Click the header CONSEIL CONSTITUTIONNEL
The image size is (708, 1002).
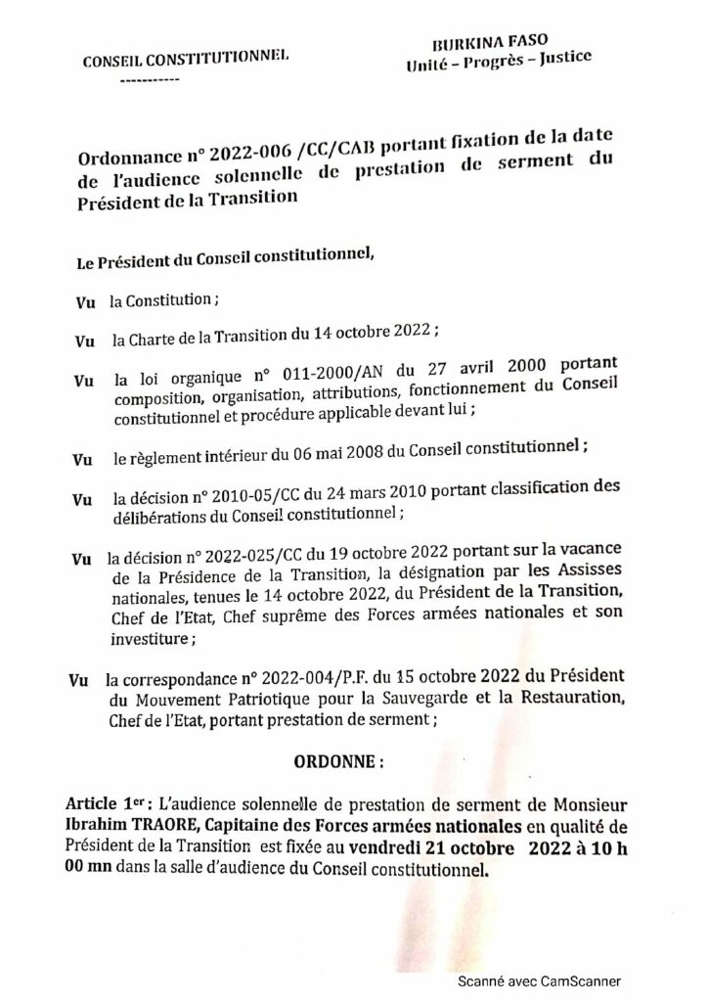186,58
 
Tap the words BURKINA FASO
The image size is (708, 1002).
484,45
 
